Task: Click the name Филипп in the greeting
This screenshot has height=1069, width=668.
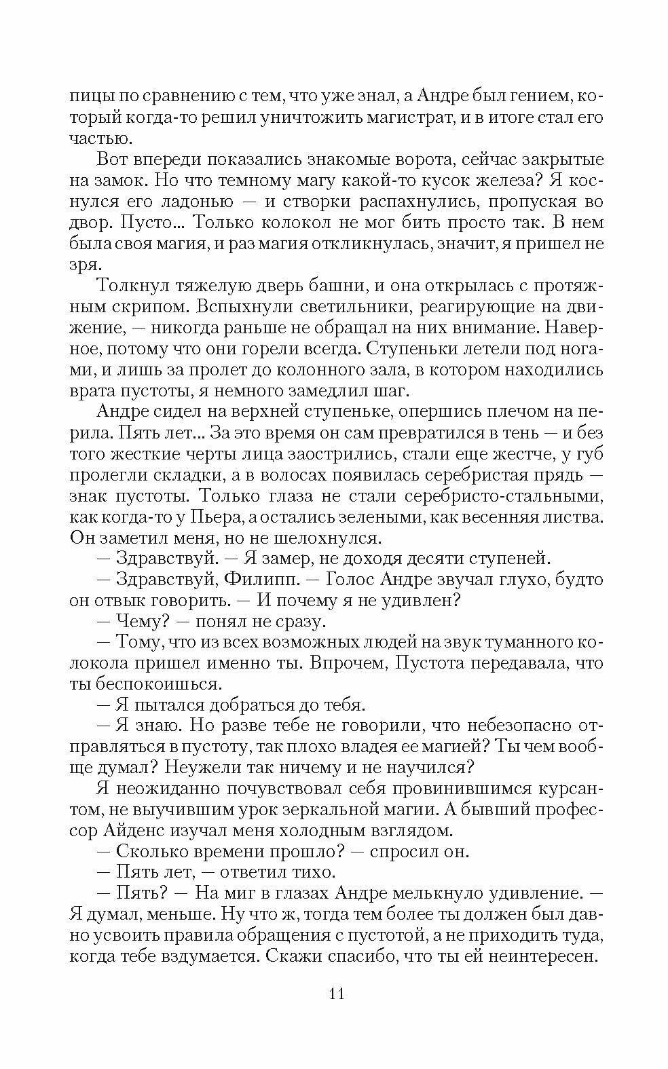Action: point(260,580)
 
